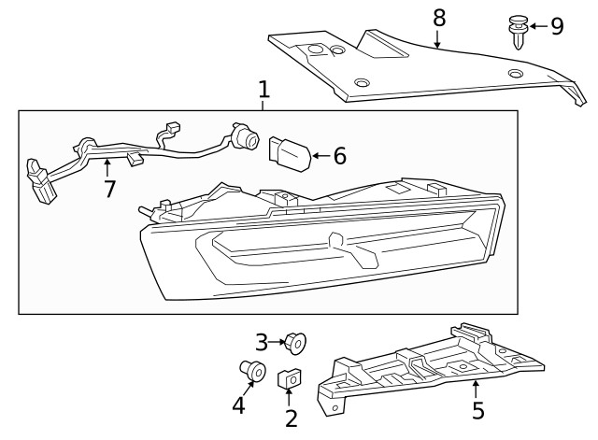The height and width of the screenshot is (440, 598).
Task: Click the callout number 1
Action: click(x=263, y=90)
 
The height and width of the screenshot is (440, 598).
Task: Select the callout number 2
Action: click(x=291, y=419)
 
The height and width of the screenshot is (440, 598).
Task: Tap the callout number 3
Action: click(x=263, y=342)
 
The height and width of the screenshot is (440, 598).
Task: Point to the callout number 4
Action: click(x=238, y=405)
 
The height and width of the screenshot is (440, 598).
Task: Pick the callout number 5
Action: click(x=477, y=410)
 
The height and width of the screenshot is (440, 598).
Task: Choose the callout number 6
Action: click(x=339, y=156)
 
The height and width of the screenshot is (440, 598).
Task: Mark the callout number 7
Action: click(x=109, y=190)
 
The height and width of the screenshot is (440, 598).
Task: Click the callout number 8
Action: click(x=439, y=17)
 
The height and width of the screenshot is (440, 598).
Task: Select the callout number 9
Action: click(x=557, y=25)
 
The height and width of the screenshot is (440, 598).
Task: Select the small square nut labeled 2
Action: click(x=289, y=380)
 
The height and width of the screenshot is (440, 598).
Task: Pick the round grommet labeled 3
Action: click(x=296, y=344)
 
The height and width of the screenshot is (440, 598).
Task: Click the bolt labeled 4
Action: click(x=252, y=369)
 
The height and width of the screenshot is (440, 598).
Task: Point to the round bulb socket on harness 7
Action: click(x=248, y=139)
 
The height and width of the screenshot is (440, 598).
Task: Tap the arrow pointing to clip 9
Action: click(x=537, y=25)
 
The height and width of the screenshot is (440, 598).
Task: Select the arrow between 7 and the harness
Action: click(x=107, y=169)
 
